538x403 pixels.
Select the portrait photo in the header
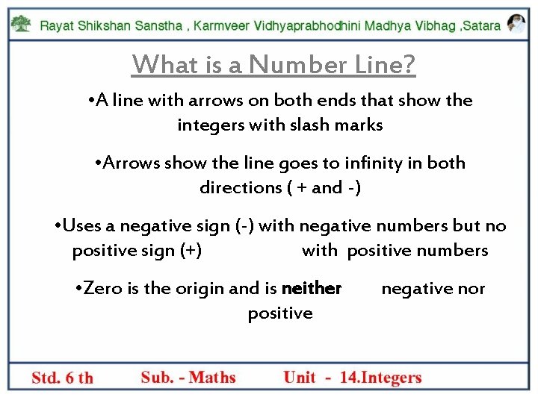click(516, 23)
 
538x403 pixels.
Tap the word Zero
click(104, 288)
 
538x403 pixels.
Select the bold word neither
click(312, 288)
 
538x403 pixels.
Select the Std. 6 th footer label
click(63, 378)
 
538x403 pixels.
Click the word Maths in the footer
click(212, 378)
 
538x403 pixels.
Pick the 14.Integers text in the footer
click(380, 378)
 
